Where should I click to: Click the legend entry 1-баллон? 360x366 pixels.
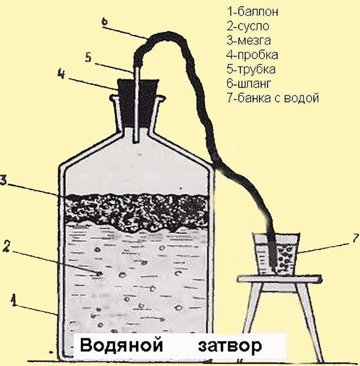(x=252, y=12)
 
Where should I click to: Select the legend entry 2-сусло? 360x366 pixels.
(x=248, y=26)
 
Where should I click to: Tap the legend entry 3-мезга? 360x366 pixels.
(x=249, y=41)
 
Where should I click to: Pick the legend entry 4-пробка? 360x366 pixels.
(x=252, y=55)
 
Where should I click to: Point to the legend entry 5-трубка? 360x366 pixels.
(x=251, y=69)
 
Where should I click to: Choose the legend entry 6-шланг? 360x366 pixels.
(x=249, y=84)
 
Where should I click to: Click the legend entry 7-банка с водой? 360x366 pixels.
(x=273, y=98)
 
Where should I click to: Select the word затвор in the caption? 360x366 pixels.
(x=230, y=346)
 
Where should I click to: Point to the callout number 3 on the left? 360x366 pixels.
(x=3, y=180)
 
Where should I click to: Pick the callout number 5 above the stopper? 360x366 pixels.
(x=88, y=57)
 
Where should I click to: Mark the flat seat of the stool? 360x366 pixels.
(x=280, y=278)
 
